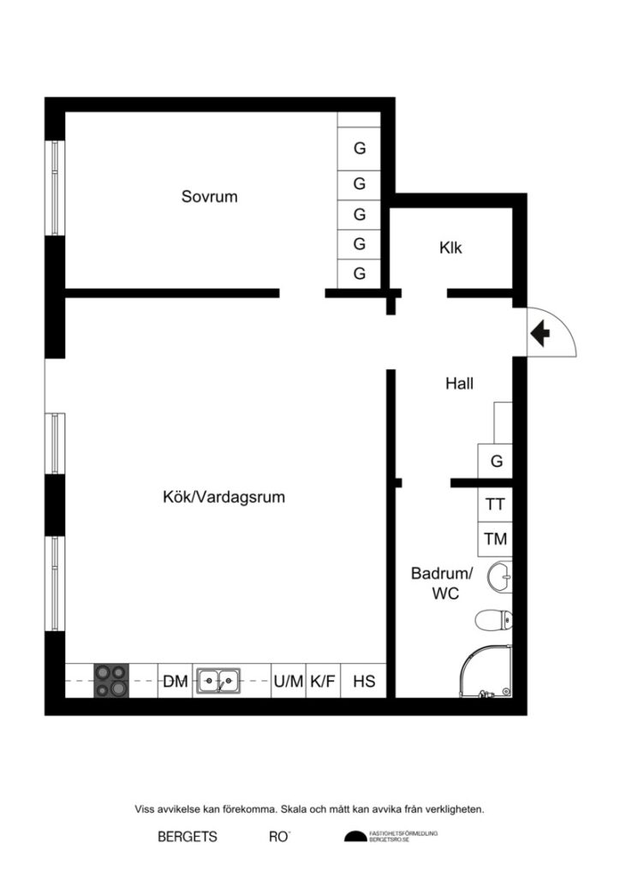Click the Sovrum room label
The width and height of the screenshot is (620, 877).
click(209, 196)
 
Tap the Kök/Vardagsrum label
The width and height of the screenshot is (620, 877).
click(224, 497)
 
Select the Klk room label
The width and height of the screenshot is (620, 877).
click(450, 248)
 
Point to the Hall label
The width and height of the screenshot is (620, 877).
click(459, 384)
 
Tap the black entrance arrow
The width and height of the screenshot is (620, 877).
click(540, 332)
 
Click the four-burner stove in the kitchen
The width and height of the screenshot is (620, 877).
click(111, 682)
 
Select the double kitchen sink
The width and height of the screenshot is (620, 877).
click(218, 682)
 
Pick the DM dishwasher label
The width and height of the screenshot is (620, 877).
click(176, 682)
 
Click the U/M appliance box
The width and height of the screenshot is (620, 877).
click(289, 682)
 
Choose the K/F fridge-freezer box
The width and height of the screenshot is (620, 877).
click(323, 682)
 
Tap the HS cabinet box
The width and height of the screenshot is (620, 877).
click(364, 682)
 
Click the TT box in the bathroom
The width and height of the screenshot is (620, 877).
click(495, 504)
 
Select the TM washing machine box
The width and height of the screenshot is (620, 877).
click(495, 540)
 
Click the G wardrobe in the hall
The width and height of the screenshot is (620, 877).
click(496, 462)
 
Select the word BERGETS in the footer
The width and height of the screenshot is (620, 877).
click(188, 837)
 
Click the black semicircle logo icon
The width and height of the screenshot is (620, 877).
click(355, 837)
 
